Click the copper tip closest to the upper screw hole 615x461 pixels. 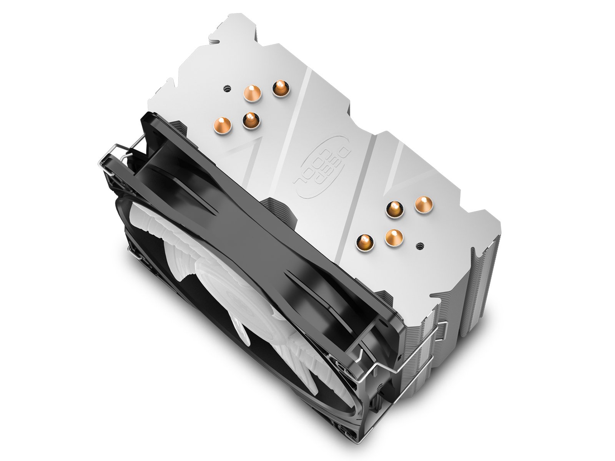click(252, 93)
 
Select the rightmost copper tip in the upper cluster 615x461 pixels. click(281, 88)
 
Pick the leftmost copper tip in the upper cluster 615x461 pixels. click(223, 125)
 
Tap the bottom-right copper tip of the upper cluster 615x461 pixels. click(251, 121)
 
